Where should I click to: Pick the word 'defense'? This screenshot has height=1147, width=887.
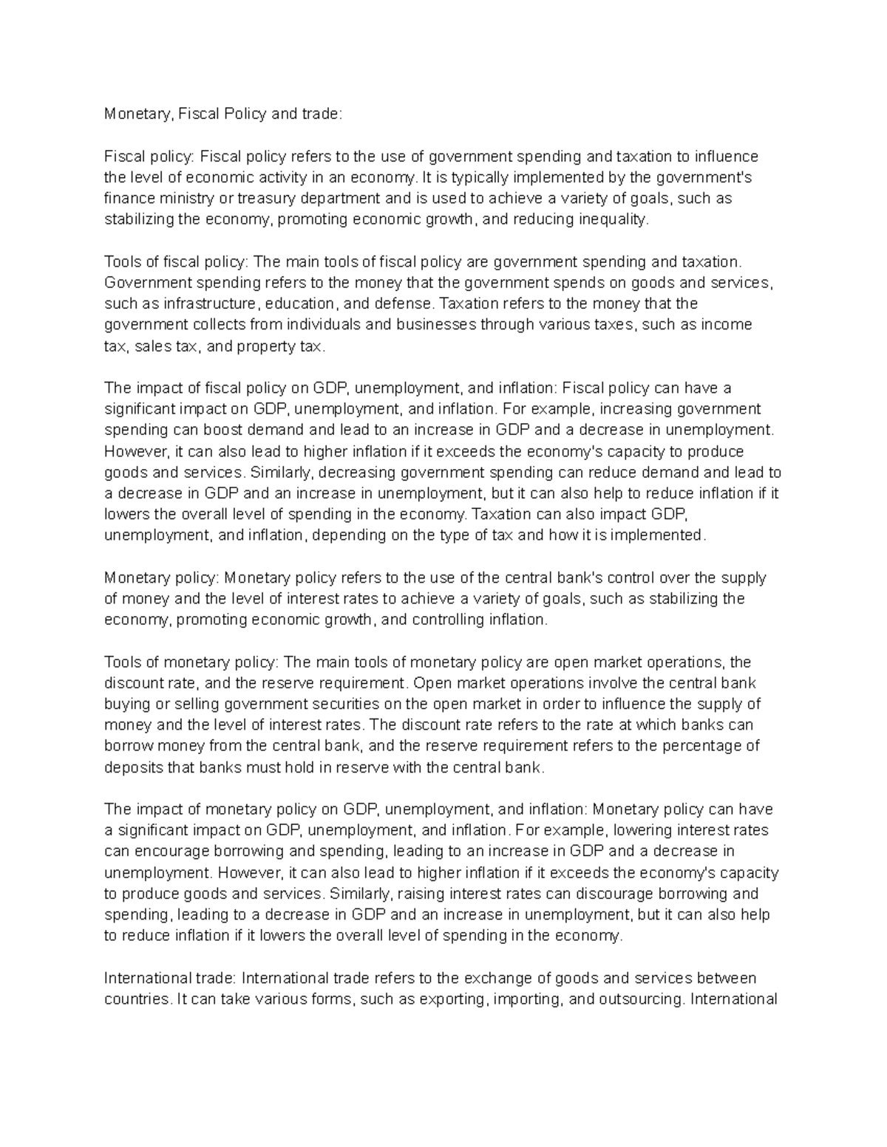405,304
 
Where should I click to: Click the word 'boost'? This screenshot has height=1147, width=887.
225,431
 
